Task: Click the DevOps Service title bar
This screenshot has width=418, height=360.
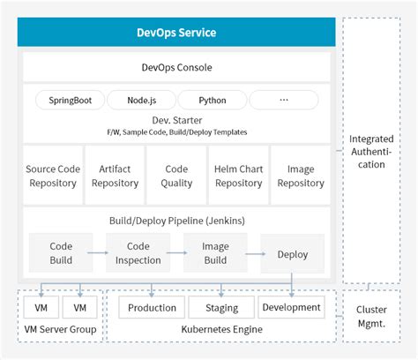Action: pos(176,33)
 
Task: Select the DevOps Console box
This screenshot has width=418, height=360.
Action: pos(176,67)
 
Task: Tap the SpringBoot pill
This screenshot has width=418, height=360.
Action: pos(70,100)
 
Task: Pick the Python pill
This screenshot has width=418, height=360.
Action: pos(212,100)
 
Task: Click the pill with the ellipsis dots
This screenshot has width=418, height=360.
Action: pos(284,100)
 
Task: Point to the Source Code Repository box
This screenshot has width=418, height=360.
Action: pos(54,175)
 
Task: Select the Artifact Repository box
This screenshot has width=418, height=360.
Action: pos(115,175)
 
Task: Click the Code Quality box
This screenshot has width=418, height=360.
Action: pos(176,175)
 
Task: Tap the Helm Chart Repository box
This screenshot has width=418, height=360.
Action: pos(238,175)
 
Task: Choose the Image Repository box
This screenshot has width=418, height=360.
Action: pos(300,175)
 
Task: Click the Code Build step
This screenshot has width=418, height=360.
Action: pos(61,252)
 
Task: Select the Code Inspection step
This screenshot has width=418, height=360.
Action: pos(138,252)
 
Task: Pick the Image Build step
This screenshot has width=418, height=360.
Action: pos(216,252)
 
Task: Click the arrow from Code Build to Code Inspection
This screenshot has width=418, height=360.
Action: pos(100,252)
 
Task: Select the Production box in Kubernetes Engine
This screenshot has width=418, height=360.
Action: pos(152,308)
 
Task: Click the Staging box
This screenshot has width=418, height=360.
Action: pos(220,308)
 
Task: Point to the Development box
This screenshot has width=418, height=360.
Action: pos(291,307)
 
